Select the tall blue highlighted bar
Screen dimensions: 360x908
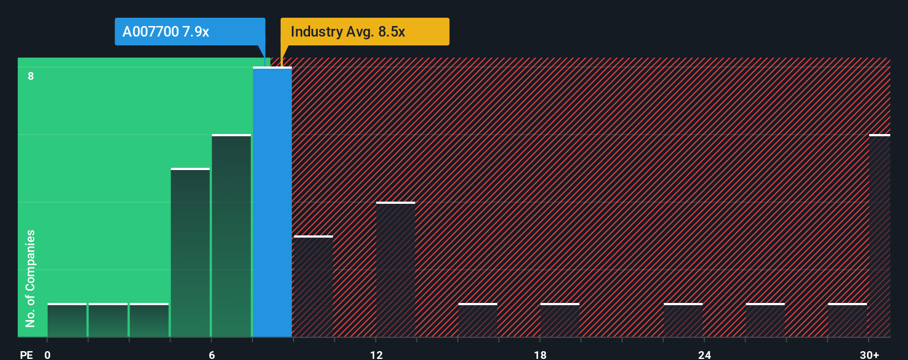272,202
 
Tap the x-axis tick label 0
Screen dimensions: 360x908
48,355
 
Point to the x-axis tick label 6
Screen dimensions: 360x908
212,355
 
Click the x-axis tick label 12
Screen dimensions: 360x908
376,355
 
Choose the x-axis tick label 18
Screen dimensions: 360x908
540,355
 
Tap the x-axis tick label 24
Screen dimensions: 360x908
704,355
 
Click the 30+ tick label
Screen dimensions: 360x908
869,355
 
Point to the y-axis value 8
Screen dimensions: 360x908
31,76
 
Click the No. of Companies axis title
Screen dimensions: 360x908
30,278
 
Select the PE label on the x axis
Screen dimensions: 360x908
26,355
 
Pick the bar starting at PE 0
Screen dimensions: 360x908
67,320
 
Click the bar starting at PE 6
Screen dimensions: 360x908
231,236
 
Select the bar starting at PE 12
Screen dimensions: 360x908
395,270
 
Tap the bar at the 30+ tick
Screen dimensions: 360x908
879,236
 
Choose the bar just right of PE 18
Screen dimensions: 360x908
560,320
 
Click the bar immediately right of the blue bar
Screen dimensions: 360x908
313,286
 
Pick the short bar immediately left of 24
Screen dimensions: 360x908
683,320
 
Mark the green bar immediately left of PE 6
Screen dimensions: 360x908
190,253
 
